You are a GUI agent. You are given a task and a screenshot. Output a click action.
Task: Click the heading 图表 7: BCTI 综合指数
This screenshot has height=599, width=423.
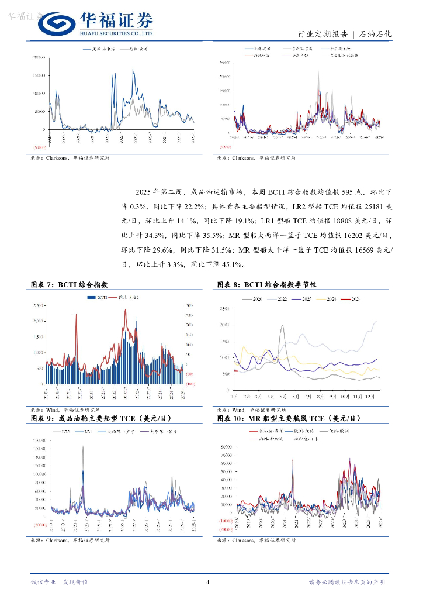tap(69, 284)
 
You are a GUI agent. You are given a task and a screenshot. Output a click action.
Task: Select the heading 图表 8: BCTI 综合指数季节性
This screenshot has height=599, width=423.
tap(266, 284)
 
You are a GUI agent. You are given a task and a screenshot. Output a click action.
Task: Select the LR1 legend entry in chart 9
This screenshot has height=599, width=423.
tap(86, 432)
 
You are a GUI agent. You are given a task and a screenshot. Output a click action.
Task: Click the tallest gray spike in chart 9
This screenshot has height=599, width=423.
tap(82, 447)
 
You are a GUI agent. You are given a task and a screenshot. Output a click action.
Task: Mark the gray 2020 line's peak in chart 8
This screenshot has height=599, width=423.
tap(283, 326)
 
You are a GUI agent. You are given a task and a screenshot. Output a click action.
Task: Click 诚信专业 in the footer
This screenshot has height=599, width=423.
tap(43, 582)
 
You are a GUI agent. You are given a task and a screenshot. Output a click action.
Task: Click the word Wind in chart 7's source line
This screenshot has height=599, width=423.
tap(53, 410)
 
